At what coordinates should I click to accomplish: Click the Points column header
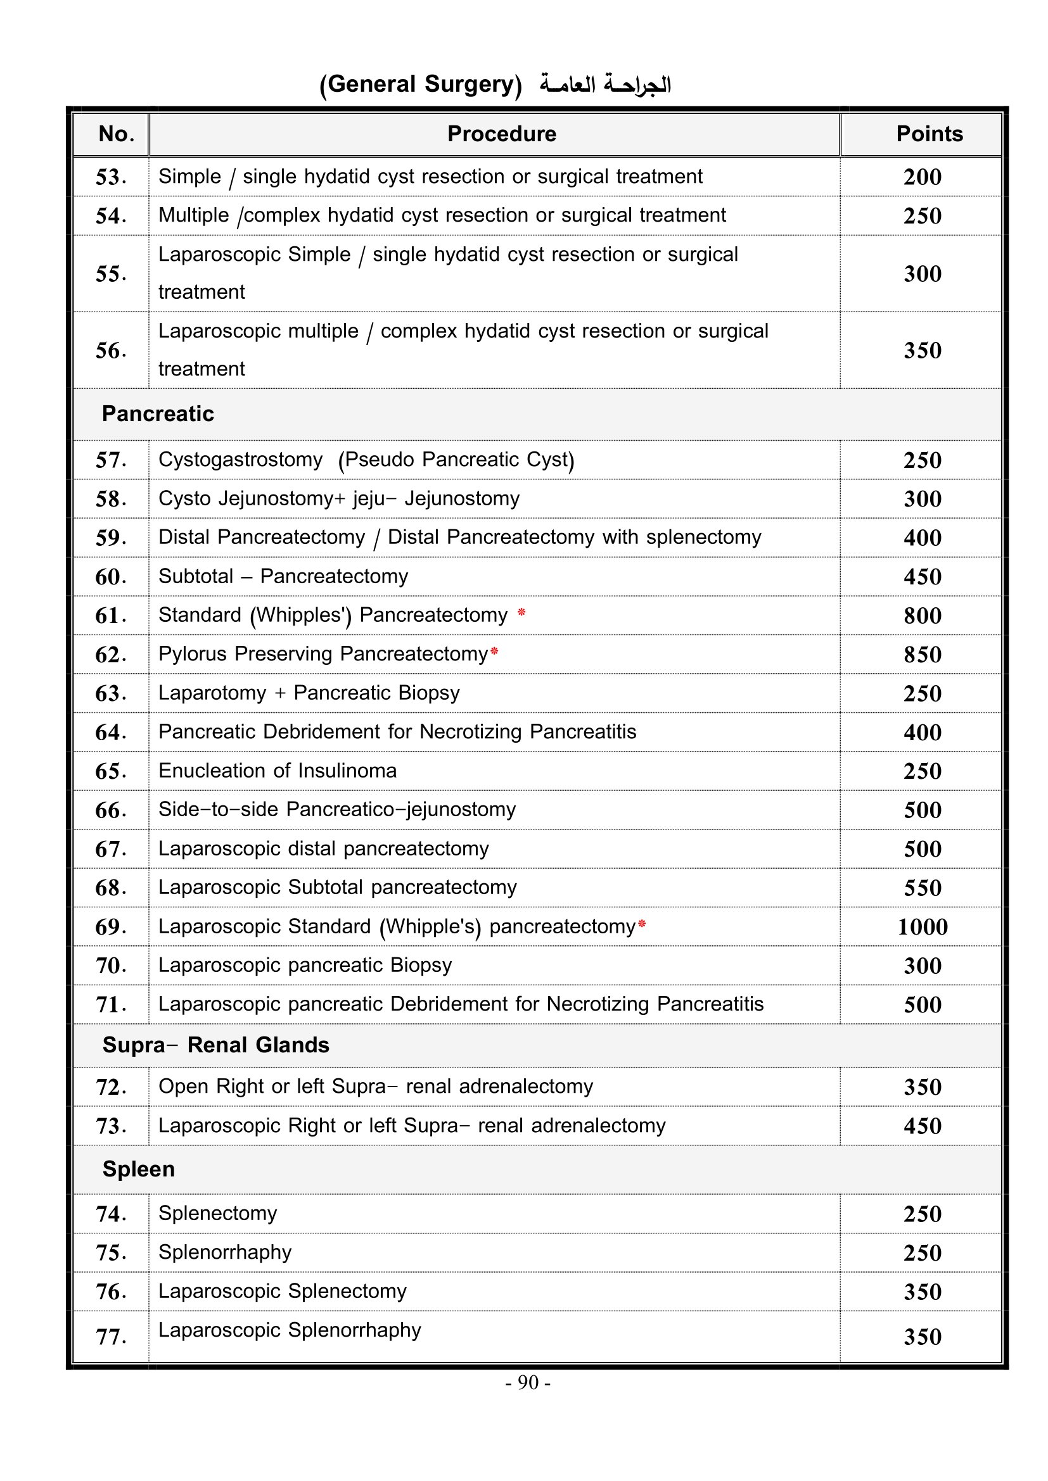point(929,134)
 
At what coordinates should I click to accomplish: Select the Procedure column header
point(501,134)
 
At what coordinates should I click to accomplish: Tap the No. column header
point(116,134)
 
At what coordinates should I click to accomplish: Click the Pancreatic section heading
point(158,414)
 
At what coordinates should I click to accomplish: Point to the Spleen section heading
point(138,1169)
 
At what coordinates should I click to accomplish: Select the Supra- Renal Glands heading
point(215,1045)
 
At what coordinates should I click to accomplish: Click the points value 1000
point(922,927)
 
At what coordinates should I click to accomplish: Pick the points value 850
point(922,655)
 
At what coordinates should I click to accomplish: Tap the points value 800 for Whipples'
point(922,616)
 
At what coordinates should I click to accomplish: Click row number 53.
point(110,177)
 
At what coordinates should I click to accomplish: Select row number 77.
point(110,1337)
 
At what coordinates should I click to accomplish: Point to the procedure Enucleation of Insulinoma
point(278,771)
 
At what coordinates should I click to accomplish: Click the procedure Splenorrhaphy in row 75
point(224,1252)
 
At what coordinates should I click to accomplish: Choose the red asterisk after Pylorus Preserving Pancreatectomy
point(494,652)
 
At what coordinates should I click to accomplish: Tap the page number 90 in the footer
point(528,1382)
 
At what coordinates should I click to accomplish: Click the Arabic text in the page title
point(605,85)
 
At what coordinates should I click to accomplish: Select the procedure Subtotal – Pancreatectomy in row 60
point(283,577)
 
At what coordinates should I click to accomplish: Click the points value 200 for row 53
point(922,177)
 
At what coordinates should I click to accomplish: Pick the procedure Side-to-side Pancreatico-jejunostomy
point(337,810)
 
